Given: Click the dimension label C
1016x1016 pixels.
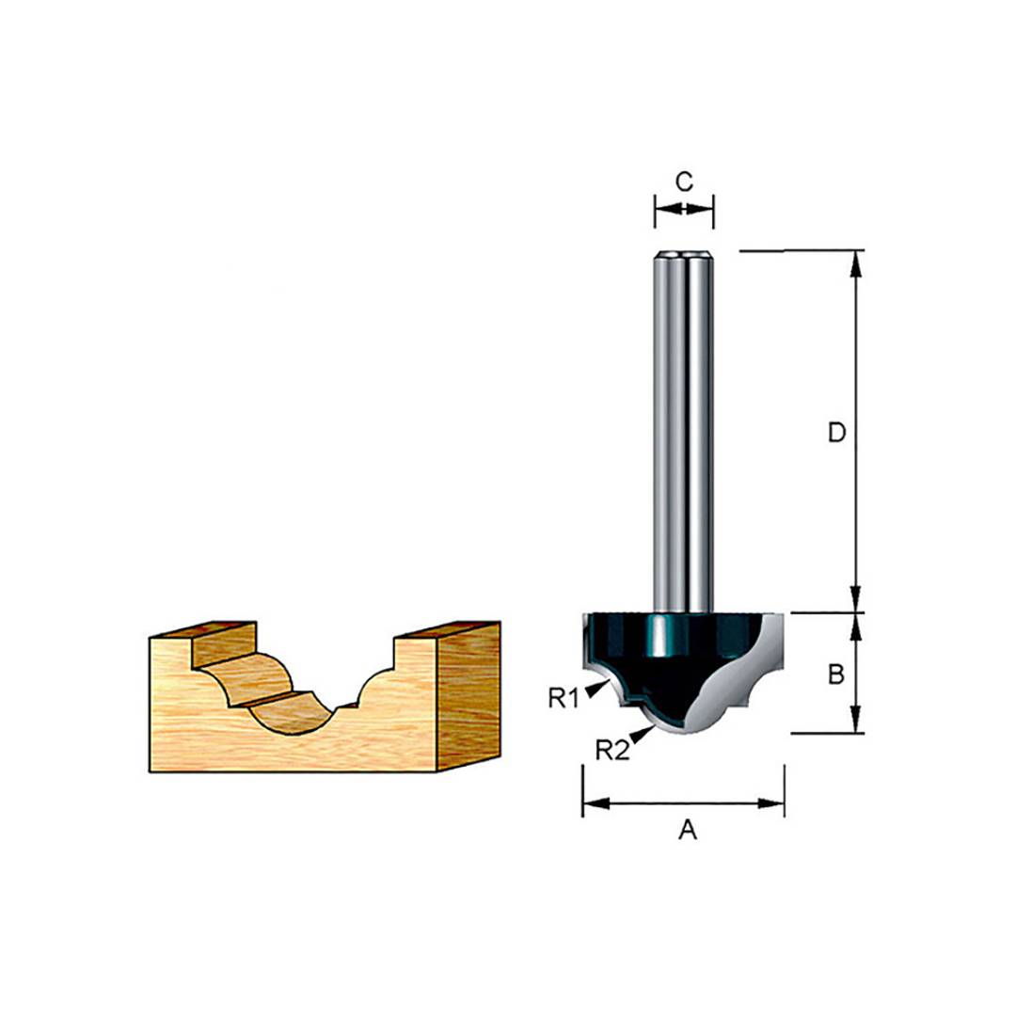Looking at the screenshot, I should point(684,182).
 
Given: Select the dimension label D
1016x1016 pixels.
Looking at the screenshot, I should point(836,433).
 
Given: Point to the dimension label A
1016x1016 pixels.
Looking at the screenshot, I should point(688,831).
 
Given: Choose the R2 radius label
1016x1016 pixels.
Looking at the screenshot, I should point(612,750).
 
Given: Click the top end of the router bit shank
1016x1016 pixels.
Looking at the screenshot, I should point(684,254).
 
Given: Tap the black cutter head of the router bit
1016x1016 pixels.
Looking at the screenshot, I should point(659,659).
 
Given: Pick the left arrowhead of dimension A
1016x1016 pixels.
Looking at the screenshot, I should point(594,803).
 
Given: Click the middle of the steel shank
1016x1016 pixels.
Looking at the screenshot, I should point(684,433).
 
